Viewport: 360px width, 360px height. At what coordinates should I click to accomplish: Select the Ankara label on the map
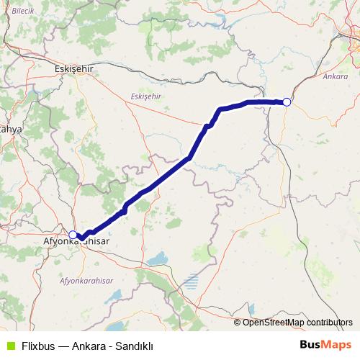336,76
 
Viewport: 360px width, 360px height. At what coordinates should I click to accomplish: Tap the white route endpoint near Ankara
287,102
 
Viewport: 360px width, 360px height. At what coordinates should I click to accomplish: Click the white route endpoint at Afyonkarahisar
73,235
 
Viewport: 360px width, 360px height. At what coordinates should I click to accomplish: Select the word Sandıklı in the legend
133,345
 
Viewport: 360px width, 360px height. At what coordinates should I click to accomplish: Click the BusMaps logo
325,344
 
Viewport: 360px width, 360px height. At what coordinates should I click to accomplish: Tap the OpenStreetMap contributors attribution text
297,322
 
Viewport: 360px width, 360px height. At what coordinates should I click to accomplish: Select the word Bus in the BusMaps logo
311,344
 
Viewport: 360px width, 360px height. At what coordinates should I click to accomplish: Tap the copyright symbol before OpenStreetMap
238,322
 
